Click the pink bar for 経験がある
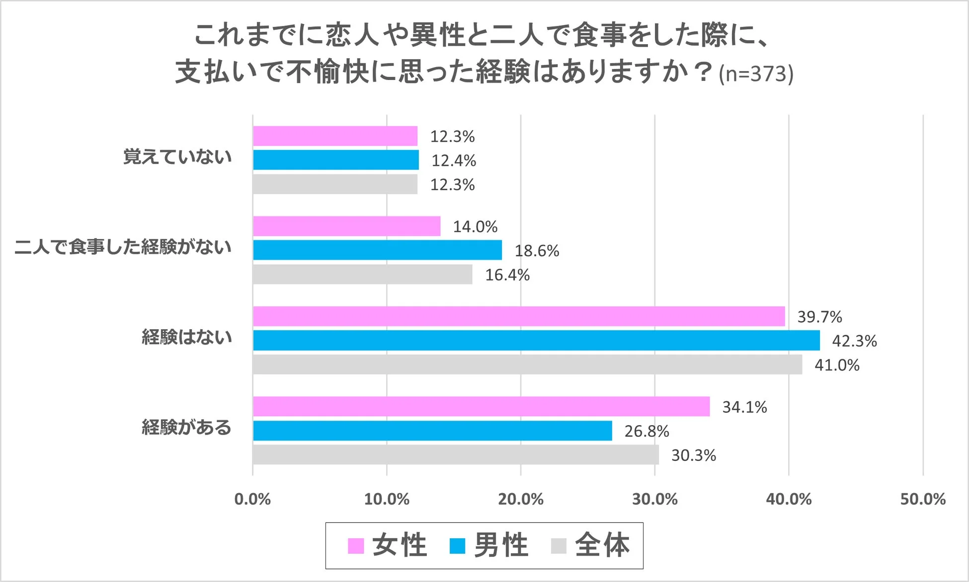click(x=481, y=406)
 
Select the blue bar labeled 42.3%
click(x=536, y=340)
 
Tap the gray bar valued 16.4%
click(x=362, y=274)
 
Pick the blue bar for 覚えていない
click(x=335, y=160)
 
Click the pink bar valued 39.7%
click(x=519, y=316)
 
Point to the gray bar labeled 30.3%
click(x=456, y=454)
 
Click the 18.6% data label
click(x=537, y=251)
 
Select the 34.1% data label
click(x=744, y=407)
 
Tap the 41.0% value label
click(x=836, y=365)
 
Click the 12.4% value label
click(x=453, y=160)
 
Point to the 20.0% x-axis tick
click(x=520, y=499)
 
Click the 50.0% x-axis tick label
click(x=922, y=499)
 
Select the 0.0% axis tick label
click(x=252, y=499)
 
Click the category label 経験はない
click(x=186, y=337)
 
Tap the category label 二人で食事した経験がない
click(x=123, y=247)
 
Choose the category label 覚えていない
click(x=177, y=157)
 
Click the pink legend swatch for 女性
click(x=356, y=546)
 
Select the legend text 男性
click(x=500, y=545)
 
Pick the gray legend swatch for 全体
click(x=559, y=546)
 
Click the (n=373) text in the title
click(x=755, y=74)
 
